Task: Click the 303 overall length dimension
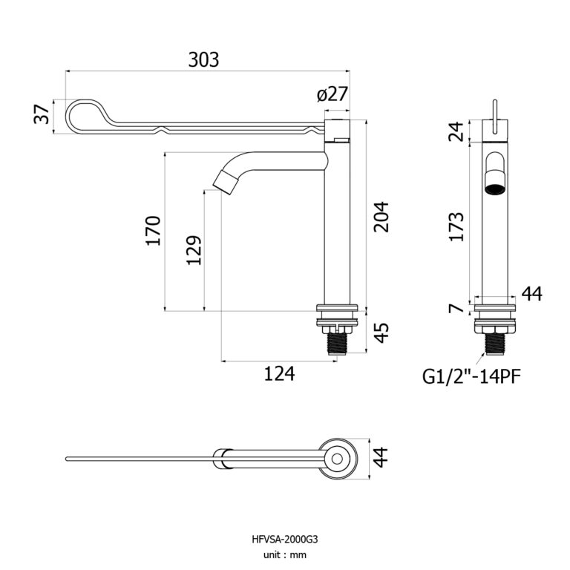[x=203, y=59]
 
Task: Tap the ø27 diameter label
[x=332, y=94]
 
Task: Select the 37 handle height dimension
[x=43, y=115]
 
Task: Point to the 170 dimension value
[x=153, y=231]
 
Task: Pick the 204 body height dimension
[x=381, y=217]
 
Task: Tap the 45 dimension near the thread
[x=381, y=332]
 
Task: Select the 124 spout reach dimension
[x=279, y=374]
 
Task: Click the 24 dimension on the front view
[x=458, y=131]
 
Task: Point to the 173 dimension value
[x=458, y=226]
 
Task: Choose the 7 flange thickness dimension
[x=458, y=307]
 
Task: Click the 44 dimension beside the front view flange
[x=531, y=294]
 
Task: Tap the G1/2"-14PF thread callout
[x=471, y=376]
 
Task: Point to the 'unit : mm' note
[x=284, y=554]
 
